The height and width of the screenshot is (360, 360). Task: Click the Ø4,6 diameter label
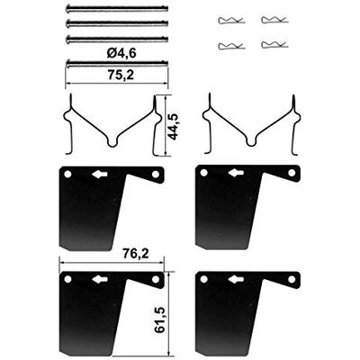coord(121,53)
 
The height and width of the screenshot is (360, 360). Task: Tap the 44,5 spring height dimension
coord(173,127)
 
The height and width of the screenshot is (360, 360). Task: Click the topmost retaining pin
coord(117,9)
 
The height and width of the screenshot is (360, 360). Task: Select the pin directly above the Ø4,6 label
coord(117,39)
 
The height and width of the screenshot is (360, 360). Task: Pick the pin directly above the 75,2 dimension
coord(117,63)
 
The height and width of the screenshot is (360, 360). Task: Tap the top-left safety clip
coord(231,21)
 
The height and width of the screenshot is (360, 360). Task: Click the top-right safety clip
coord(274,20)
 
